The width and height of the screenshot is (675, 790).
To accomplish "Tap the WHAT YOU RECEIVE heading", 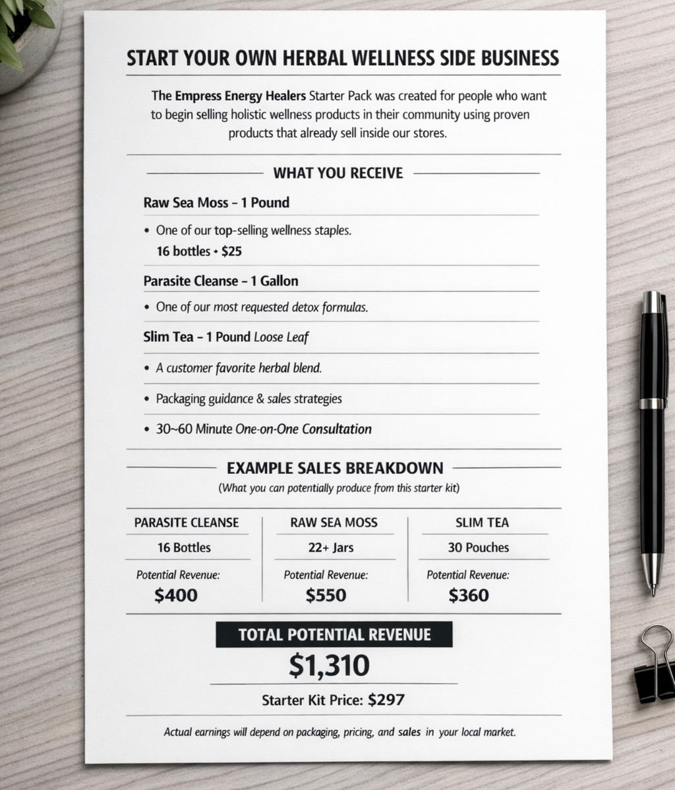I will click(x=337, y=173).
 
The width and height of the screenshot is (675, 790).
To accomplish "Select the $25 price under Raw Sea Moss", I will click(x=231, y=251).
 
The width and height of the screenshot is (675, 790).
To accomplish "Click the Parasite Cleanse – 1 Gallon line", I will click(x=220, y=281).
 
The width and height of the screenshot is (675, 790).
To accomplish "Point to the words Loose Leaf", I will click(x=281, y=338).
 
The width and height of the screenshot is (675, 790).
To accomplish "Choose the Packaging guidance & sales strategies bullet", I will click(x=249, y=399).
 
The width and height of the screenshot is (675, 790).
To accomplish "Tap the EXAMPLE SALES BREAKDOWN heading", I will click(x=335, y=468).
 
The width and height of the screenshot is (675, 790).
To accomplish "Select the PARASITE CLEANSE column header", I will click(x=187, y=523).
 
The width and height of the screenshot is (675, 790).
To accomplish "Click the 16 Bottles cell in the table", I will click(x=184, y=548).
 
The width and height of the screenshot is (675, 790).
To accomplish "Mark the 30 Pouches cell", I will click(x=479, y=548).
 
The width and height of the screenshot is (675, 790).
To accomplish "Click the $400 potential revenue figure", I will click(x=176, y=595).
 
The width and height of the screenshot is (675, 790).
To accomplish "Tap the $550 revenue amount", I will click(x=326, y=595).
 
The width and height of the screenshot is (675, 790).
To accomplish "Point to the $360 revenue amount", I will click(x=469, y=595).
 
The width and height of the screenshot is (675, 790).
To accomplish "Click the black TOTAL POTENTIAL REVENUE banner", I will click(x=334, y=634).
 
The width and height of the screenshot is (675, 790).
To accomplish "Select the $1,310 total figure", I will click(x=329, y=666).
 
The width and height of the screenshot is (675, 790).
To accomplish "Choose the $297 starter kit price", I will click(x=386, y=700).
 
